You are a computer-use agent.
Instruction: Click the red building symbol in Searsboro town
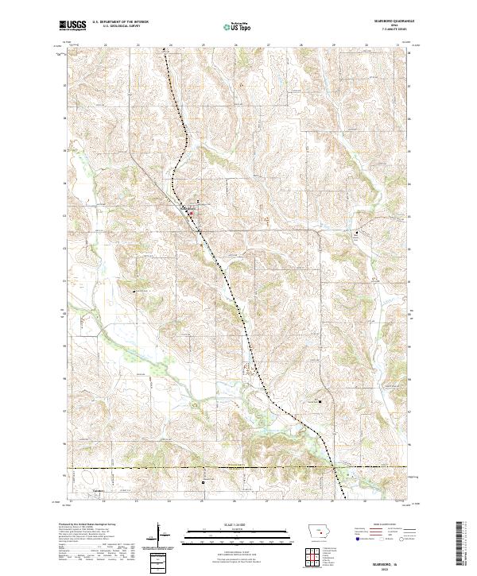191,212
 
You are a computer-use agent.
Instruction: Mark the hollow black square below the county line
203,481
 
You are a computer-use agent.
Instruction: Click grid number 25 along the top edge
203,44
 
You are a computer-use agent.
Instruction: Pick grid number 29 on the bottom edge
332,502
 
